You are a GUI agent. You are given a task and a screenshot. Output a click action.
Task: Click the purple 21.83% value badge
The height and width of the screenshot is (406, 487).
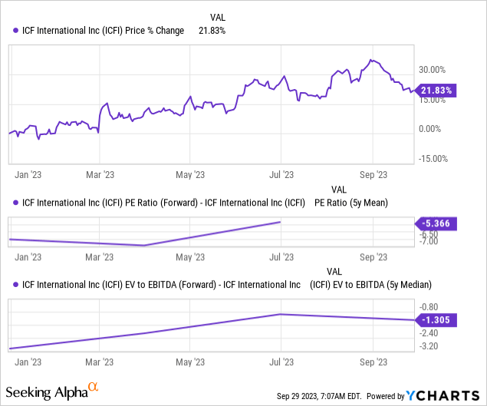pos(434,90)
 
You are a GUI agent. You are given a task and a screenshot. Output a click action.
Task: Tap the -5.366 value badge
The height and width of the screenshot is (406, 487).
pos(434,224)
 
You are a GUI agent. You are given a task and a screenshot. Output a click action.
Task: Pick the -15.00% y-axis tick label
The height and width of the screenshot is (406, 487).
pos(432,159)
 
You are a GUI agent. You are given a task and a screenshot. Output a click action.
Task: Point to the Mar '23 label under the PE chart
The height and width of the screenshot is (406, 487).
pos(99,257)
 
